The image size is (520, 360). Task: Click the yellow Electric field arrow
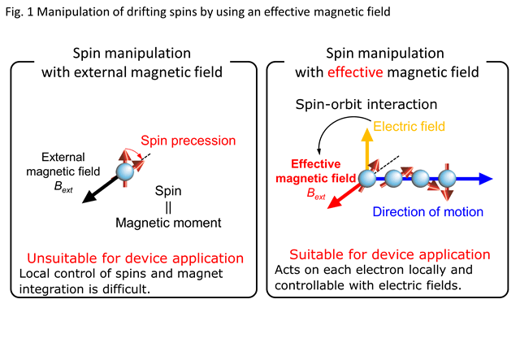367,149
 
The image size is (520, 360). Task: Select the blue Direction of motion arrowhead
486,179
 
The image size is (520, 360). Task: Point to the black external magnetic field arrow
100,190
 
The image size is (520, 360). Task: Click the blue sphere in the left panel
125,171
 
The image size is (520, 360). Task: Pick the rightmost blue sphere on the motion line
447,179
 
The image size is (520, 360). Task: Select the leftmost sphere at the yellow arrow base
367,179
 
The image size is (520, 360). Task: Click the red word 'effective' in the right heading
355,72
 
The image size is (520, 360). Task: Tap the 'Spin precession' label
188,141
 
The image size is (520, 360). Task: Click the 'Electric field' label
409,127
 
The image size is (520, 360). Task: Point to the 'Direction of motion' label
428,211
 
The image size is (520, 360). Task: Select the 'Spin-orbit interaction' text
366,104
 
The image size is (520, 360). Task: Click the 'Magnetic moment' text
168,223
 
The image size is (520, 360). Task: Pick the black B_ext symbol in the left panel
63,187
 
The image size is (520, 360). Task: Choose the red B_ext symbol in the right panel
316,193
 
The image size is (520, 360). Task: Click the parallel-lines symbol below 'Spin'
168,207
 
